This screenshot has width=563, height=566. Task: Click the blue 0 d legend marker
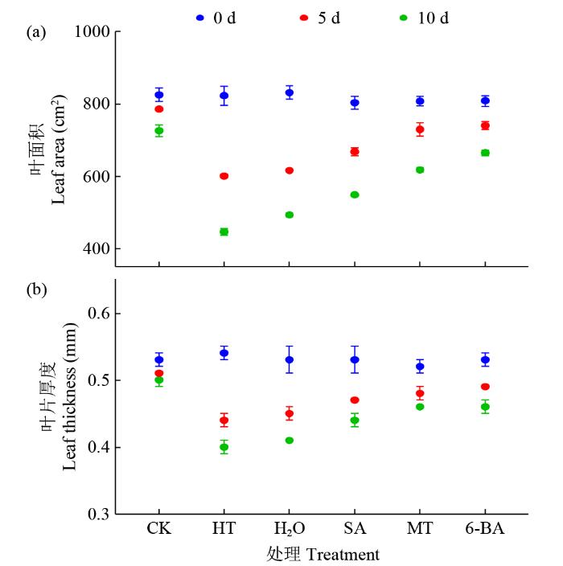pyautogui.click(x=200, y=17)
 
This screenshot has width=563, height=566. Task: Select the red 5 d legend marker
pyautogui.click(x=303, y=17)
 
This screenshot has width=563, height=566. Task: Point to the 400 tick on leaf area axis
pyautogui.click(x=97, y=249)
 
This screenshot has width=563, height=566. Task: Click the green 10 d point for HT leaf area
pyautogui.click(x=224, y=232)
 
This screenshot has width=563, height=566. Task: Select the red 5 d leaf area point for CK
pyautogui.click(x=159, y=109)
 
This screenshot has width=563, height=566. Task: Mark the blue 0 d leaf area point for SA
pyautogui.click(x=355, y=103)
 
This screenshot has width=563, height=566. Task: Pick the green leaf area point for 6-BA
pyautogui.click(x=485, y=153)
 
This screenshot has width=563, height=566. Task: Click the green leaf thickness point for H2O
pyautogui.click(x=290, y=441)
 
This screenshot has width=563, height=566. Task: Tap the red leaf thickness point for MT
pyautogui.click(x=420, y=394)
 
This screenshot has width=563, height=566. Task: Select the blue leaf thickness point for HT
pyautogui.click(x=224, y=353)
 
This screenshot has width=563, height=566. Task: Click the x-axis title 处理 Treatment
pyautogui.click(x=322, y=555)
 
